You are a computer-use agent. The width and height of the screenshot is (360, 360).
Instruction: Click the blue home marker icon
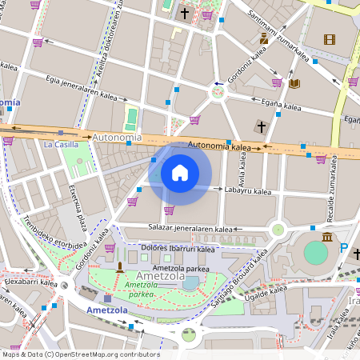[x=180, y=173]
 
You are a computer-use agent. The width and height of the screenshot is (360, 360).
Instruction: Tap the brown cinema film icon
[x=330, y=39]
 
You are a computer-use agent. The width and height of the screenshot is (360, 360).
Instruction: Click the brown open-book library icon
[x=294, y=83]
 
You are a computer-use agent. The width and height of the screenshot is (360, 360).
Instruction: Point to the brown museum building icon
[x=327, y=237]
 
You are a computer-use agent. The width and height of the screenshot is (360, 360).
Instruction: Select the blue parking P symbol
[x=344, y=249]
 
